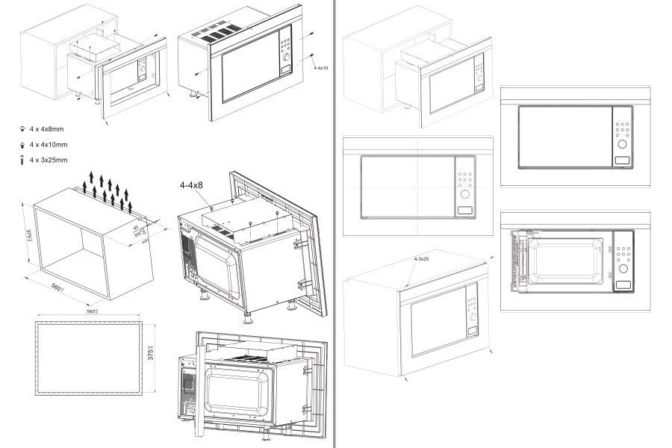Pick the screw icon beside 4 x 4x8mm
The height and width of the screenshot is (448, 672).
pos(22,128)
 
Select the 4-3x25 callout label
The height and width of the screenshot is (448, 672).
pos(423,259)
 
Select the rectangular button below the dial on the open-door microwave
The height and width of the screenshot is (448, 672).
pos(621,284)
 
